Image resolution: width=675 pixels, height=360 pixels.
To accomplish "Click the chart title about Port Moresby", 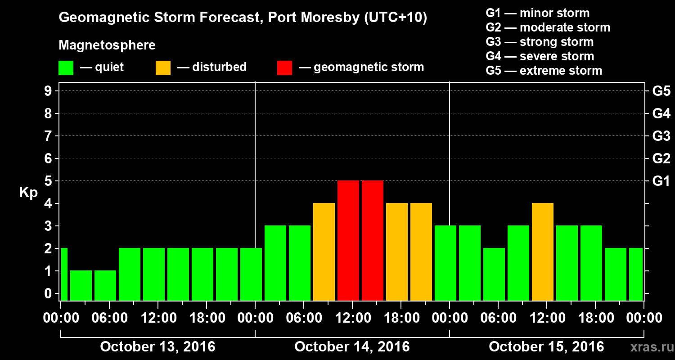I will click(x=243, y=18).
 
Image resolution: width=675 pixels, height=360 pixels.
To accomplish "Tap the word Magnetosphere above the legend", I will click(x=107, y=45).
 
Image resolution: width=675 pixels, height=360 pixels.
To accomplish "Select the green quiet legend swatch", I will click(x=66, y=67).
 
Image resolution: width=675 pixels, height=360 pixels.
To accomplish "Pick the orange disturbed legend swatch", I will click(x=163, y=67).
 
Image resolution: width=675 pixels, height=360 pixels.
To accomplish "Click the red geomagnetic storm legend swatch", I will click(x=284, y=67).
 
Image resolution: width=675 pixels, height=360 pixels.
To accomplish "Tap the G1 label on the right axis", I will click(x=661, y=181).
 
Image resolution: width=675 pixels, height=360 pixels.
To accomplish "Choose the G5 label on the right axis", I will click(x=661, y=91).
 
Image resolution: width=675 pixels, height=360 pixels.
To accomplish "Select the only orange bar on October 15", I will click(x=542, y=252).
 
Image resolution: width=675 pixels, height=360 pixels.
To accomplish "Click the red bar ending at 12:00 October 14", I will click(x=348, y=240).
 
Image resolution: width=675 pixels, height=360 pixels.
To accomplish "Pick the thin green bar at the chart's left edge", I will click(x=64, y=274).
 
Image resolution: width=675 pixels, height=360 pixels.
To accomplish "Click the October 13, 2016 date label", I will click(x=157, y=347).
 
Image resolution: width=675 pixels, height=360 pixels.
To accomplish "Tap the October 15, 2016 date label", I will click(x=546, y=347).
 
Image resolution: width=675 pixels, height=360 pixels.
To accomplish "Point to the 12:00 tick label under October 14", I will click(x=352, y=318).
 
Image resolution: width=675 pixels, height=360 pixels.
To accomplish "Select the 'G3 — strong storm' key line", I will click(x=540, y=42).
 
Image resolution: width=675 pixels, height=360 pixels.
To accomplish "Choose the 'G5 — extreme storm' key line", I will click(x=544, y=71).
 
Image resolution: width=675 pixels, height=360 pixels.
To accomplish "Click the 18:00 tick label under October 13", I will click(x=206, y=318).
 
